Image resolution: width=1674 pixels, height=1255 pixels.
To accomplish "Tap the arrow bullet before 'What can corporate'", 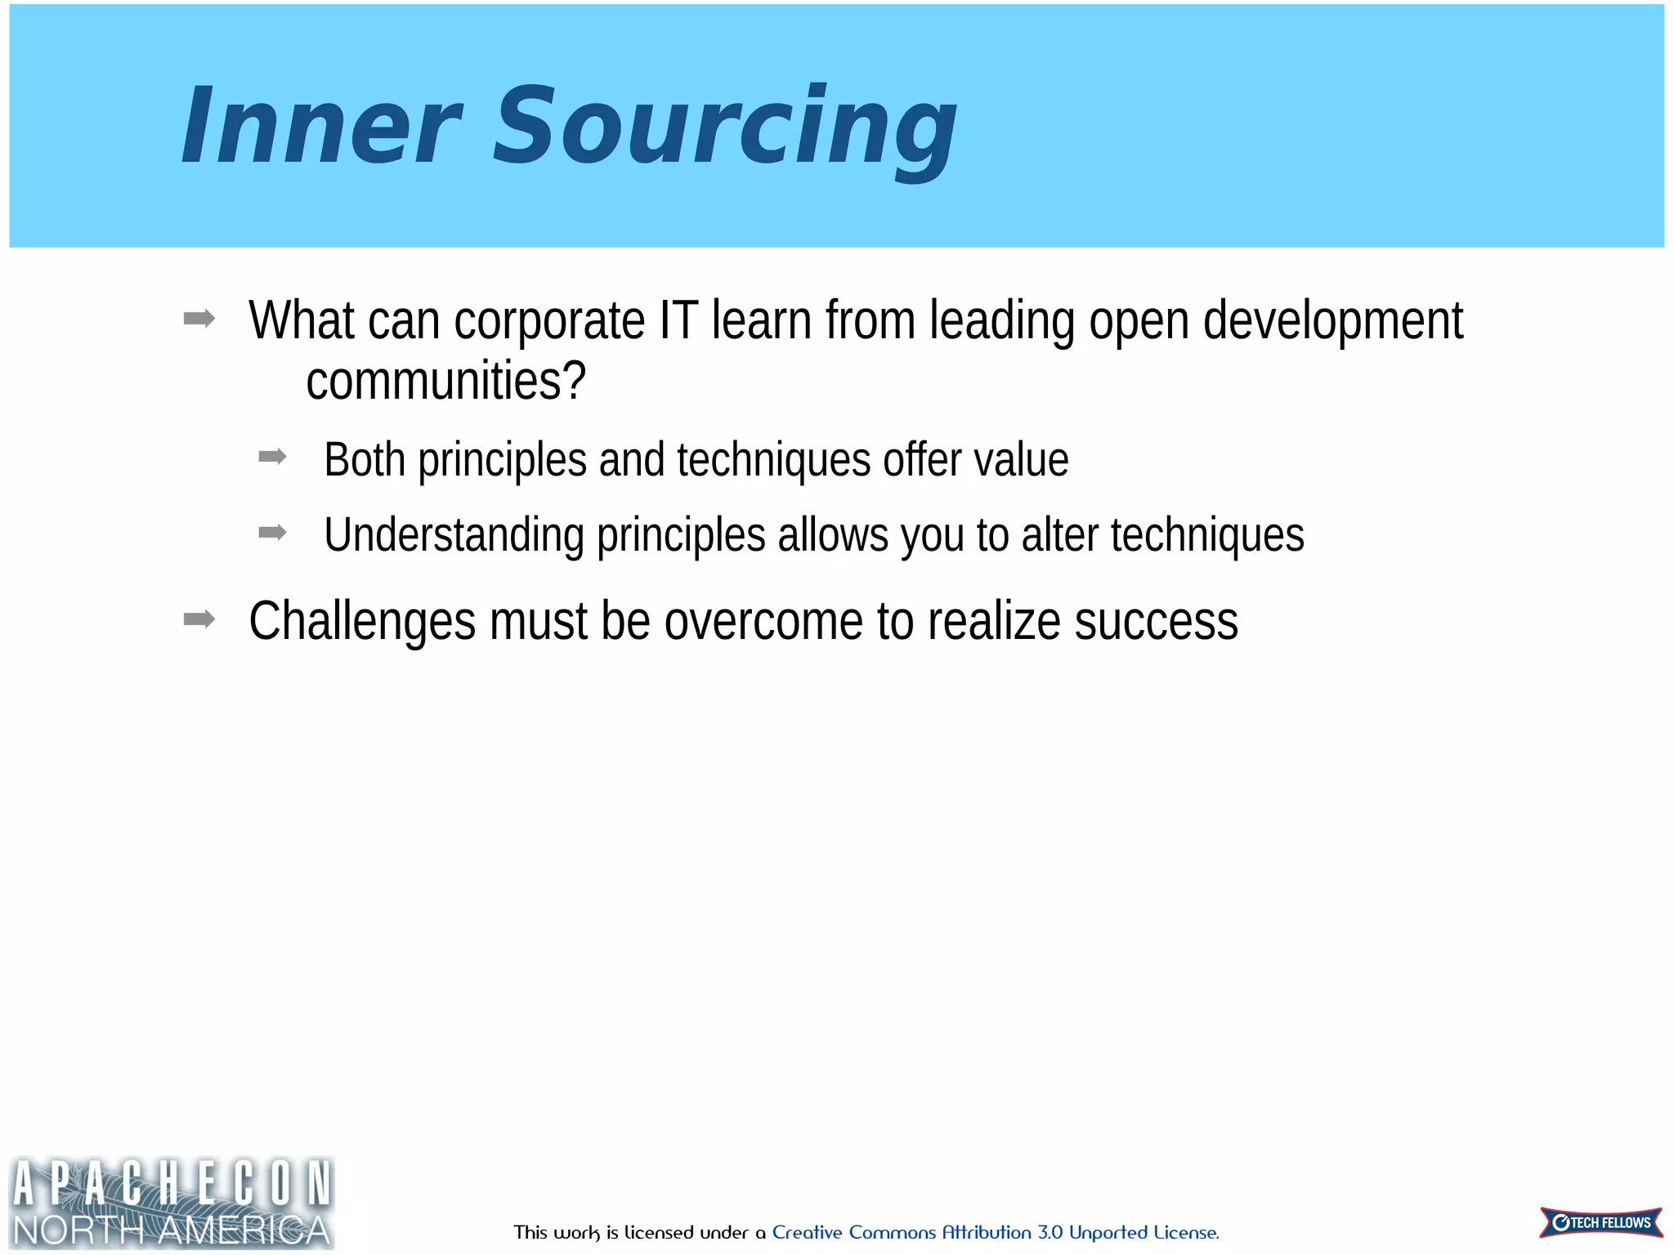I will (x=199, y=318).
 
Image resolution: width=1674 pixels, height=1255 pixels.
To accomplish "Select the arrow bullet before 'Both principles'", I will (x=272, y=457).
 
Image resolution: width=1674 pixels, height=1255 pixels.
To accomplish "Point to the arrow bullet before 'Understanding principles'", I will (x=272, y=533).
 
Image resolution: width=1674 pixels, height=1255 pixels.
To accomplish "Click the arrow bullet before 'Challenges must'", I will (x=199, y=619).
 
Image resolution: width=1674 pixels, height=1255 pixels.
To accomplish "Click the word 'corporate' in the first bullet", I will (x=548, y=320).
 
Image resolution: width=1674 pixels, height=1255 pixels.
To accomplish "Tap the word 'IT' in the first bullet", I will (x=678, y=320).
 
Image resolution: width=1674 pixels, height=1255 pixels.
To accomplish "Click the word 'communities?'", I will (x=445, y=381).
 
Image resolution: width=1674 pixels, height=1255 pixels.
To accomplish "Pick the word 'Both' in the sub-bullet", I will (x=365, y=459).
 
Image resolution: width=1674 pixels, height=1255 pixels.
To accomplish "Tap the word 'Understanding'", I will (x=454, y=535).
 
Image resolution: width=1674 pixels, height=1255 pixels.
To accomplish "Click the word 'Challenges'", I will (x=362, y=621).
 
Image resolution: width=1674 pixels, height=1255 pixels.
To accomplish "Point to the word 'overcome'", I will (x=763, y=621).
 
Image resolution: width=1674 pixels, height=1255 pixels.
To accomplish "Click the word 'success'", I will (x=1156, y=621).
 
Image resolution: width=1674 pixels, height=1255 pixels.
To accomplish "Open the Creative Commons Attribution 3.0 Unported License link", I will (x=995, y=1232).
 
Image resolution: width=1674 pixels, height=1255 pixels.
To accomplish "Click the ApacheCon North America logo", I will (x=172, y=1203).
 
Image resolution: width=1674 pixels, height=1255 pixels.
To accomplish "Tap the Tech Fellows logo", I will (x=1600, y=1222).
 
